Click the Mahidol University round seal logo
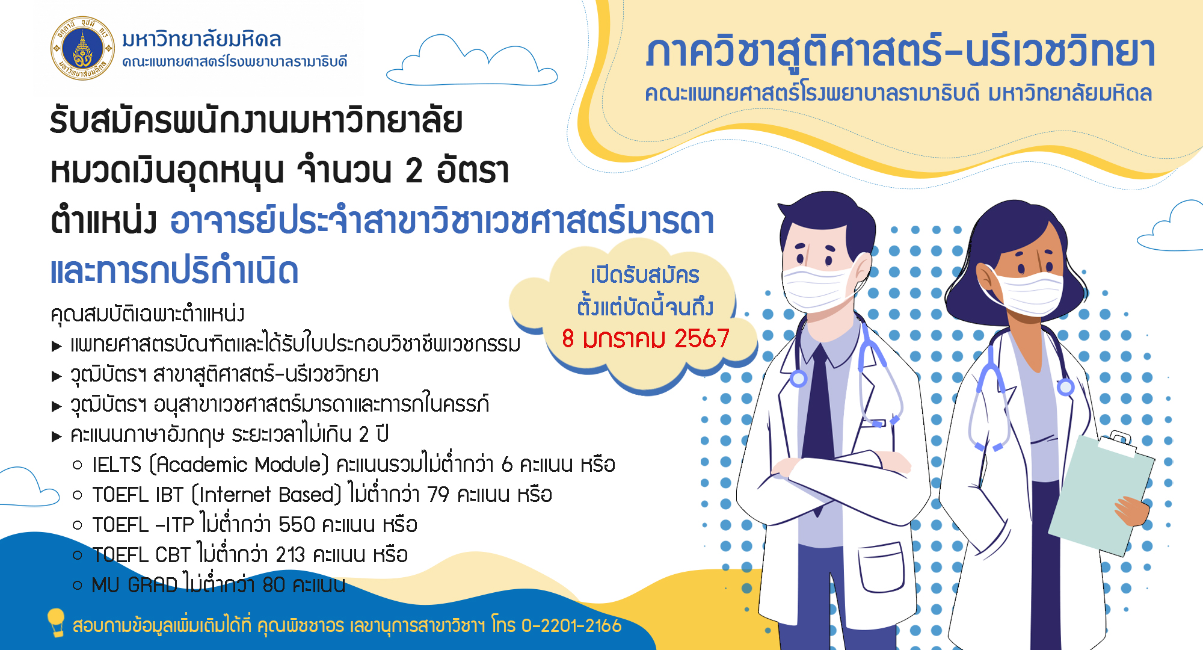pos(82,49)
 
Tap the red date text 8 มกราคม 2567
pos(645,338)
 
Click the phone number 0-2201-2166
pos(571,626)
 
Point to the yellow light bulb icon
pos(56,622)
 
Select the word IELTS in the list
pos(117,465)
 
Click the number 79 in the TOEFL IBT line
pos(438,495)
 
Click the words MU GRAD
pos(135,585)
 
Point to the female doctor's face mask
pos(1026,292)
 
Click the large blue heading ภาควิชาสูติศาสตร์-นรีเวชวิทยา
pos(900,52)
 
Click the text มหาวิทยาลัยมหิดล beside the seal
pos(202,40)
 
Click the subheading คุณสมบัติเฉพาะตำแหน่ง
pos(147,314)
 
